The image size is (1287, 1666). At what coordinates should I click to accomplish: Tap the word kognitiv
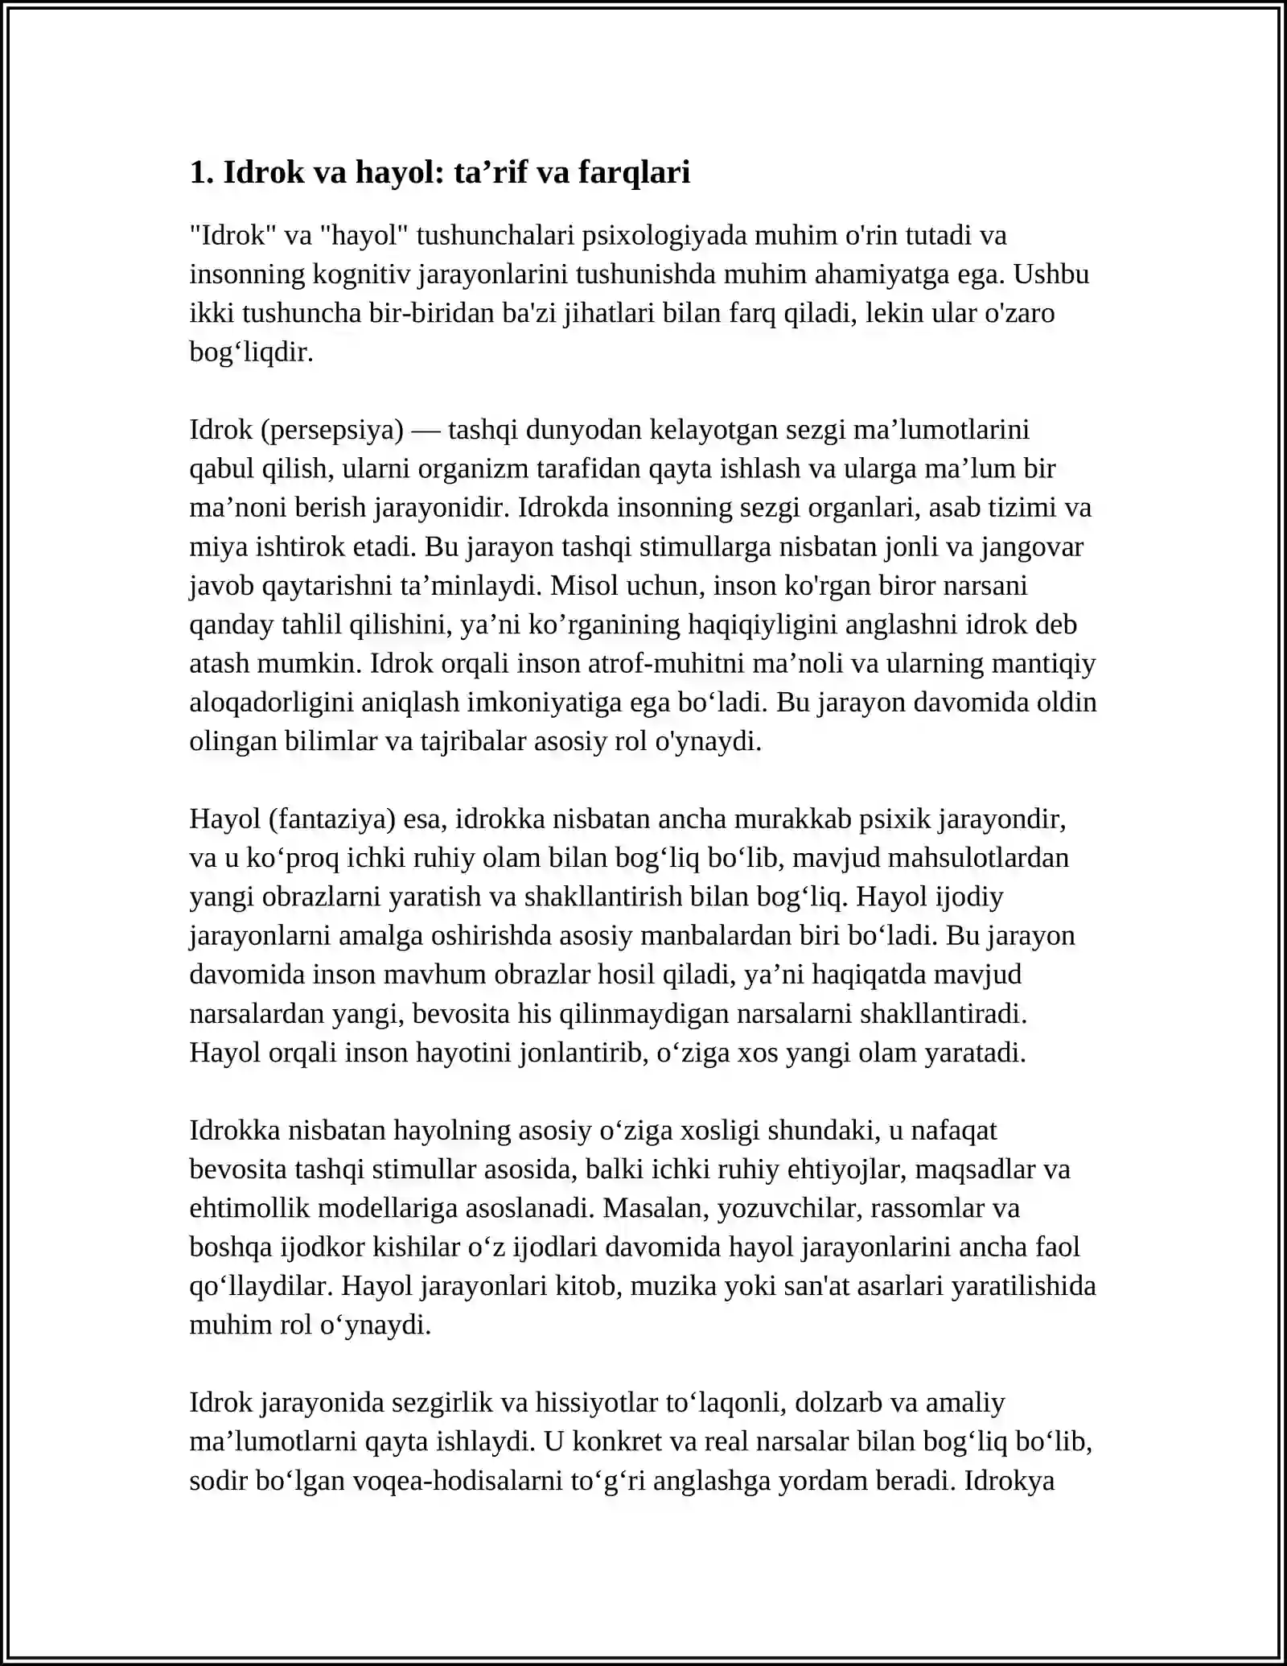tap(362, 274)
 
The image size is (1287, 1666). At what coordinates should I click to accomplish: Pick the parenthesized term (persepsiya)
tap(332, 431)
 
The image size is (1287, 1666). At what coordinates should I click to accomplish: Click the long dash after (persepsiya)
tap(426, 431)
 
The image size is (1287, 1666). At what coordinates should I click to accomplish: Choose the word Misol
tap(583, 586)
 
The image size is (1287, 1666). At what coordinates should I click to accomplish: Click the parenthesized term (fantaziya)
tap(332, 819)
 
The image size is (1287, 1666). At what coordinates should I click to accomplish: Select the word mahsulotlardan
tap(978, 858)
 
